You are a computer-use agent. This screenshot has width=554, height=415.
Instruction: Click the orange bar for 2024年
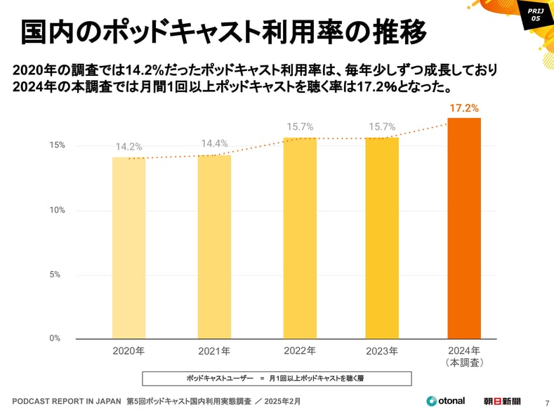[464, 228]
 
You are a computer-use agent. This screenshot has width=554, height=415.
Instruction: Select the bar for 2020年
[128, 248]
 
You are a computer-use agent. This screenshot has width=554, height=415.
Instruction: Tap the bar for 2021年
[214, 246]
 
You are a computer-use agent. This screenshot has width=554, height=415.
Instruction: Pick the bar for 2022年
[300, 238]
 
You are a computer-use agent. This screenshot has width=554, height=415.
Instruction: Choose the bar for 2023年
[382, 238]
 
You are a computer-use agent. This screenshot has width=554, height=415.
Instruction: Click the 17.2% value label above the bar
[464, 109]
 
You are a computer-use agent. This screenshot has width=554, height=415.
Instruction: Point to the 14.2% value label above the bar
[129, 147]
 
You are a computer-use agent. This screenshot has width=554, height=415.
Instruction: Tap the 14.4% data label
[214, 144]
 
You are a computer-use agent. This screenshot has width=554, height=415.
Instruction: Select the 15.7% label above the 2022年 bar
[300, 127]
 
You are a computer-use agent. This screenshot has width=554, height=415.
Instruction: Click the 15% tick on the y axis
[57, 145]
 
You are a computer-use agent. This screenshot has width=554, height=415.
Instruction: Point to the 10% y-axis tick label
[57, 210]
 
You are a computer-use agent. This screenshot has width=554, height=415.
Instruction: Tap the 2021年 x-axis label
[214, 351]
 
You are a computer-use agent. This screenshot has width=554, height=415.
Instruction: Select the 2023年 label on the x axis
[382, 351]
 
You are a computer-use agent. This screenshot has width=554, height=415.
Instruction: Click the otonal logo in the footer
[445, 401]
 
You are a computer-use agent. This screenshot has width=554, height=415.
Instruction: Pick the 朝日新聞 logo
[503, 401]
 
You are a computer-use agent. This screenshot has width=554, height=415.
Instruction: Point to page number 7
[547, 403]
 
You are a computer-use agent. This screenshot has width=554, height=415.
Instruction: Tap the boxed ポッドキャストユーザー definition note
[276, 378]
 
